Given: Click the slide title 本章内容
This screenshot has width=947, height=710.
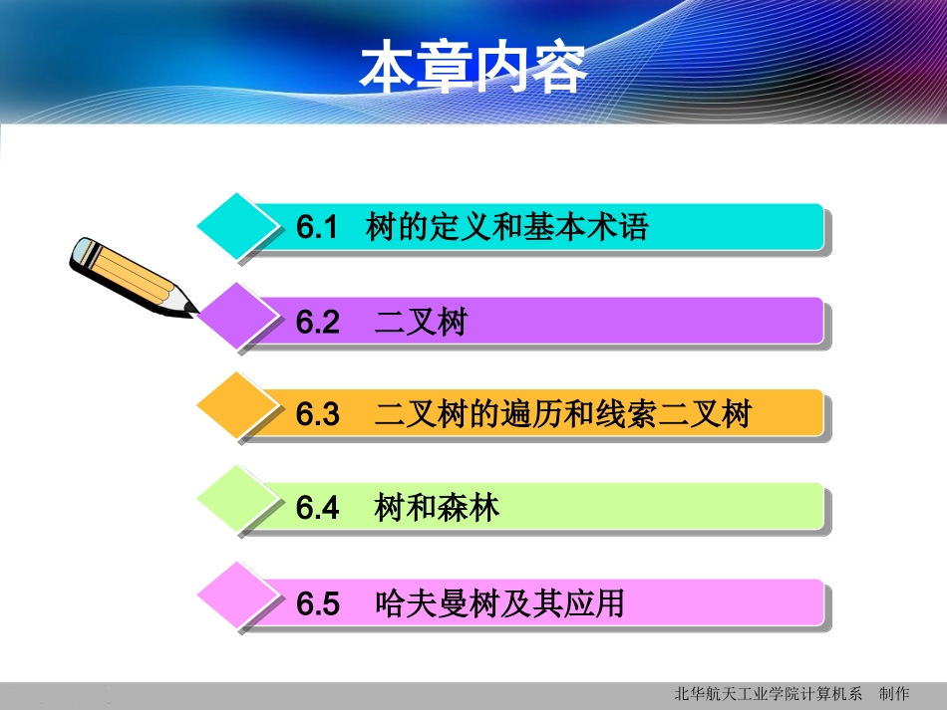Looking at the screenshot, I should click(x=473, y=68).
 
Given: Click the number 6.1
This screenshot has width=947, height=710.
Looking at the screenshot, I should click(x=318, y=228).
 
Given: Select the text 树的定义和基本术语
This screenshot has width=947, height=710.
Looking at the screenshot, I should click(x=507, y=228).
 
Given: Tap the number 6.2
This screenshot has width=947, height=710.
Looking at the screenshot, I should click(x=318, y=323).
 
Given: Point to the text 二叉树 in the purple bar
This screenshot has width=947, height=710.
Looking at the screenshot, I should click(x=421, y=323).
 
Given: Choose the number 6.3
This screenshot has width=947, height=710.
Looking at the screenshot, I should click(x=318, y=415).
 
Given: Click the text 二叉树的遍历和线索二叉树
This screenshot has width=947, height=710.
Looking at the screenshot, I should click(x=562, y=415).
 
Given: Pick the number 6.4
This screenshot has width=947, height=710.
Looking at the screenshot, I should click(x=318, y=509).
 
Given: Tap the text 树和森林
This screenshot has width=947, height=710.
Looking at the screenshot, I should click(x=437, y=509).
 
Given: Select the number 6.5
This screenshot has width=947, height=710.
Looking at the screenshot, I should click(x=318, y=603).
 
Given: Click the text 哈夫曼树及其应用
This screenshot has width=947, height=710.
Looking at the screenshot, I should click(x=499, y=603).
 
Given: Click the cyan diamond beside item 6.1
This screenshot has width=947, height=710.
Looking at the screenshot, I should click(x=237, y=226).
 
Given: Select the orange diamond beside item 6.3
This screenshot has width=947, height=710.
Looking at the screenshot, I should click(x=237, y=407).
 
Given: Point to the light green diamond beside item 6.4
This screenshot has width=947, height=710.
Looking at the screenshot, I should click(x=237, y=501).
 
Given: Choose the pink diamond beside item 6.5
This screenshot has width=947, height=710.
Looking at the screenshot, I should click(x=237, y=596).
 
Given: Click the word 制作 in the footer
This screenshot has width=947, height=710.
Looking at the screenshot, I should click(x=894, y=694).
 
